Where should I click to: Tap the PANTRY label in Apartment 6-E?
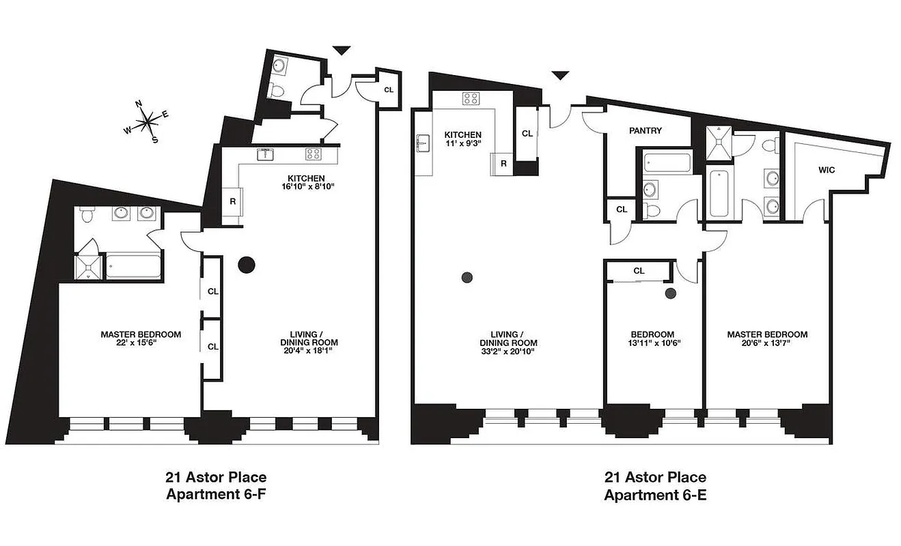pos(646,130)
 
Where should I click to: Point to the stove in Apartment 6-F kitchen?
pos(313,154)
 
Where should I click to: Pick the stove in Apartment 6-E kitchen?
pos(471,98)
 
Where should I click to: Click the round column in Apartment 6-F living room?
pos(246,265)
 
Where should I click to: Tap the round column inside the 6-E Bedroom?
pos(671,293)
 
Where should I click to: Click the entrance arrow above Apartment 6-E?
pos(560,75)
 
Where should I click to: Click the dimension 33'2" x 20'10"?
pos(508,352)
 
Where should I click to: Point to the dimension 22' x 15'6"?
pos(141,344)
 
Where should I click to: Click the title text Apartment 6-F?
pos(214,493)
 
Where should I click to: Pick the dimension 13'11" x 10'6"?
pos(654,343)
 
